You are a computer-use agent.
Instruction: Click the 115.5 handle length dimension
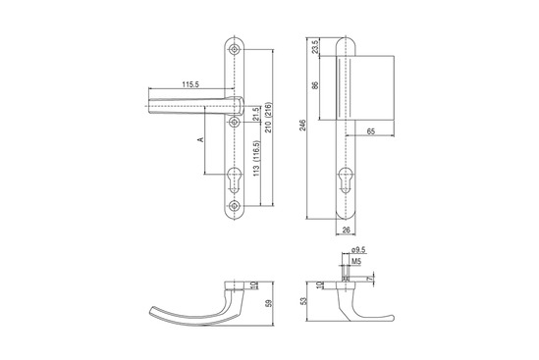[x=190, y=84]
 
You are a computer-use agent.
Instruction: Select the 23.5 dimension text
[x=315, y=46]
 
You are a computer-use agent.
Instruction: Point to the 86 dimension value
[x=315, y=85]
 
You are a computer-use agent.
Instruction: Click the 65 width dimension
[x=371, y=131]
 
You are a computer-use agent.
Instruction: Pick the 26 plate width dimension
[x=347, y=230]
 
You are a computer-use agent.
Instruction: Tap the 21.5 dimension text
[x=255, y=115]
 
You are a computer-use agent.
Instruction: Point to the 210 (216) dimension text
[x=269, y=118]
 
